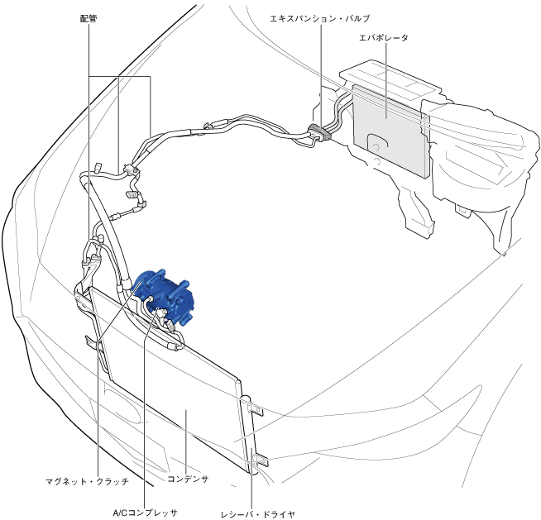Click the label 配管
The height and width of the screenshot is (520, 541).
pos(89,19)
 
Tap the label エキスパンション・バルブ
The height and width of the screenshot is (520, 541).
pos(320,18)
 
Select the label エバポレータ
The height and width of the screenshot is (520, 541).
pos(384,37)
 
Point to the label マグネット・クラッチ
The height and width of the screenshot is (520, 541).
pos(88,481)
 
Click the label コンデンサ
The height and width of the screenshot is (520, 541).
pos(188,479)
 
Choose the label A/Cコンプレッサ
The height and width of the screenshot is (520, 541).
pos(146,513)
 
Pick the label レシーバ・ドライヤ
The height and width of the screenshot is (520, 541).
pos(258,514)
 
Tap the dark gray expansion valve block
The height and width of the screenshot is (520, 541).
pos(319,133)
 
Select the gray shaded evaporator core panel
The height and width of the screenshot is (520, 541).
pos(390,131)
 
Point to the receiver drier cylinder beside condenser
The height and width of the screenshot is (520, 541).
pos(250,435)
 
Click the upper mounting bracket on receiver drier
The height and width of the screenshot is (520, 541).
pos(256,410)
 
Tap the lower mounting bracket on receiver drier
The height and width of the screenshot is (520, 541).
pos(260,460)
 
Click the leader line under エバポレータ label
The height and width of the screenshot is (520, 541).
pos(386,81)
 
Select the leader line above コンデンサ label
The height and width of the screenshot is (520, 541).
pos(186,441)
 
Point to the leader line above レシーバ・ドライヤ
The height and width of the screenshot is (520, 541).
pos(252,479)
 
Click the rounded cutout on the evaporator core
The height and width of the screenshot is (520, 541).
pos(378,145)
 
